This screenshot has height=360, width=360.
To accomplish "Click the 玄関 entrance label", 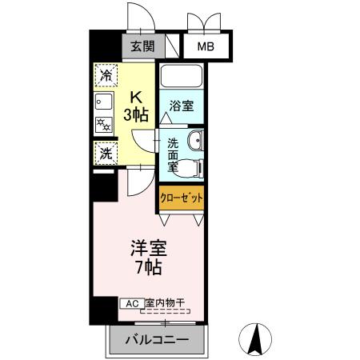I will pyautogui.click(x=144, y=46).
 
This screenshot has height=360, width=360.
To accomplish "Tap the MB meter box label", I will pyautogui.click(x=206, y=46).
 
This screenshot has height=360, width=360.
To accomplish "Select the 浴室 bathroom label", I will pyautogui.click(x=181, y=106).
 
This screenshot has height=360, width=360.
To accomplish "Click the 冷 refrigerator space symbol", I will pyautogui.click(x=106, y=76).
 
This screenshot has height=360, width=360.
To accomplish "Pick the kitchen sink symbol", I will pyautogui.click(x=104, y=102).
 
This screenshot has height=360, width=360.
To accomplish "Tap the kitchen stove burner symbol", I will pyautogui.click(x=104, y=124).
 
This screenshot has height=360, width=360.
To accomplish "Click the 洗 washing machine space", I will pyautogui.click(x=106, y=152).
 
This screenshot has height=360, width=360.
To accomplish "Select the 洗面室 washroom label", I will pyautogui.click(x=173, y=156).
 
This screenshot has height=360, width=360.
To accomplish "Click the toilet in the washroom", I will pyautogui.click(x=190, y=167).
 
